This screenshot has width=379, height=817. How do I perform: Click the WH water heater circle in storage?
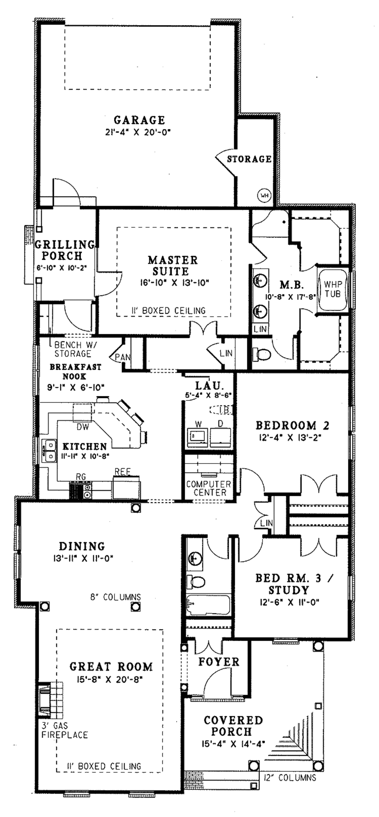(264, 195)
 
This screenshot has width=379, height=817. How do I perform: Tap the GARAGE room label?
(139, 120)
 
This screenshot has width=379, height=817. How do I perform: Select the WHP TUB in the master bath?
(332, 289)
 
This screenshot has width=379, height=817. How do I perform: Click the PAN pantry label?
(123, 357)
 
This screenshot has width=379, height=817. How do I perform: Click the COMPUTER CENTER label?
(208, 488)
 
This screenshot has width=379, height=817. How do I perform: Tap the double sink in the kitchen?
(48, 451)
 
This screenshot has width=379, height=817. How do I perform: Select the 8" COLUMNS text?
(115, 597)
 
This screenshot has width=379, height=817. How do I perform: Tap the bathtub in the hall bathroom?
(208, 605)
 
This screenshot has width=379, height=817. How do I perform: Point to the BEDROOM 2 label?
(292, 426)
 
